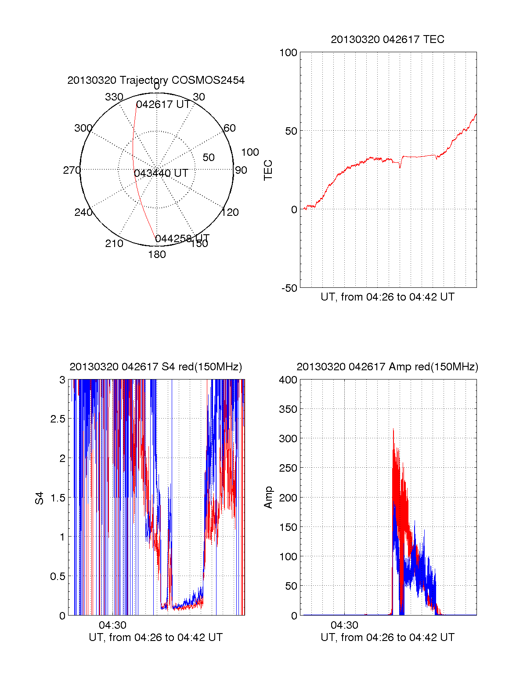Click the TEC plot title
pyautogui.click(x=387, y=39)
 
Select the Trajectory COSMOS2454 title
pyautogui.click(x=156, y=80)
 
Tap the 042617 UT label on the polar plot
pyautogui.click(x=163, y=104)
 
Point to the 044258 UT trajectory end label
pyautogui.click(x=182, y=239)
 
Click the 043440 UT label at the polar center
pyautogui.click(x=161, y=173)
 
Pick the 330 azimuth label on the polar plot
pyautogui.click(x=114, y=97)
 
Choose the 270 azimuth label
pyautogui.click(x=72, y=170)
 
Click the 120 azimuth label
pyautogui.click(x=230, y=213)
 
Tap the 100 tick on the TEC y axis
pyautogui.click(x=288, y=53)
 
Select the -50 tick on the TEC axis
pyautogui.click(x=289, y=288)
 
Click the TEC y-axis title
pyautogui.click(x=268, y=170)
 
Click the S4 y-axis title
pyautogui.click(x=40, y=498)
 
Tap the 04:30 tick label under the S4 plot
pyautogui.click(x=112, y=625)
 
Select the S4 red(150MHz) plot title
pyautogui.click(x=156, y=367)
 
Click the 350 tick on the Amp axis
pyautogui.click(x=288, y=409)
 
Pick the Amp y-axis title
pyautogui.click(x=268, y=498)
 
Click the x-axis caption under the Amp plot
pyautogui.click(x=387, y=637)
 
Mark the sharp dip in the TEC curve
pyautogui.click(x=400, y=167)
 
